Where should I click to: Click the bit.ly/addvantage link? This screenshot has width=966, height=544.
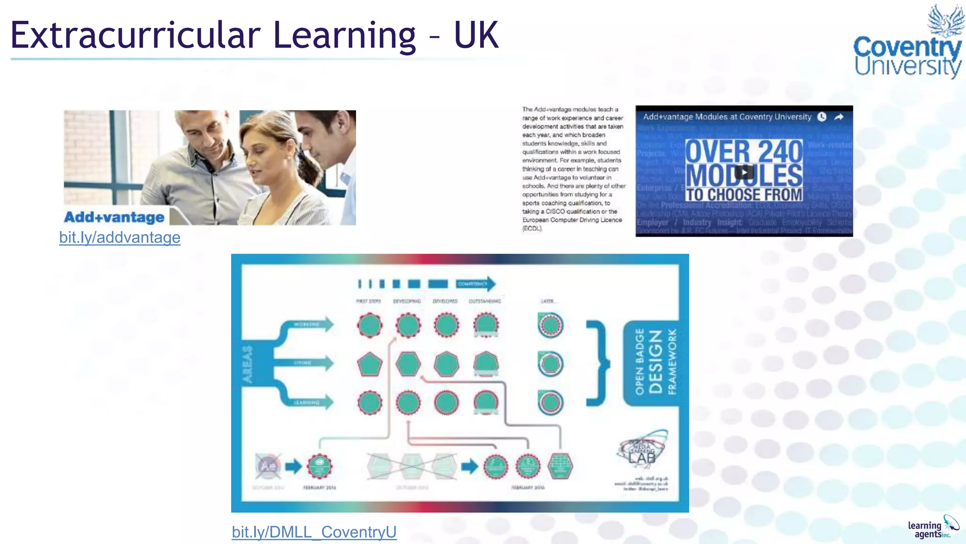120,238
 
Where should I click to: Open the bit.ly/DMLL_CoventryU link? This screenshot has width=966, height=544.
314,532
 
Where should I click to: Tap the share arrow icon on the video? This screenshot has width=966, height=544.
839,117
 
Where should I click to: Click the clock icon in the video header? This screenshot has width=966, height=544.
822,117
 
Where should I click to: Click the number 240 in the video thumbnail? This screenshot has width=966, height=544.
780,152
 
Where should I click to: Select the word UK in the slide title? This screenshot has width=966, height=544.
476,35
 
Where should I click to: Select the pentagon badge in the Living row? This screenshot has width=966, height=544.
370,364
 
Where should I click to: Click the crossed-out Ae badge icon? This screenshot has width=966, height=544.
268,466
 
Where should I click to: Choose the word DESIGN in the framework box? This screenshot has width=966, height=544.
656,362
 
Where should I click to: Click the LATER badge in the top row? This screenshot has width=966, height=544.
550,325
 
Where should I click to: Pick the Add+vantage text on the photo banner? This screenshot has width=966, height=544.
114,217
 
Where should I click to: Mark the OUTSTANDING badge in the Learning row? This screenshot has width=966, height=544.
486,403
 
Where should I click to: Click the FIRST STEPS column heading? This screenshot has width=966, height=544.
368,301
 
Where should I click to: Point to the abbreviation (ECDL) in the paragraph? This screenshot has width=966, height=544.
533,229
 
